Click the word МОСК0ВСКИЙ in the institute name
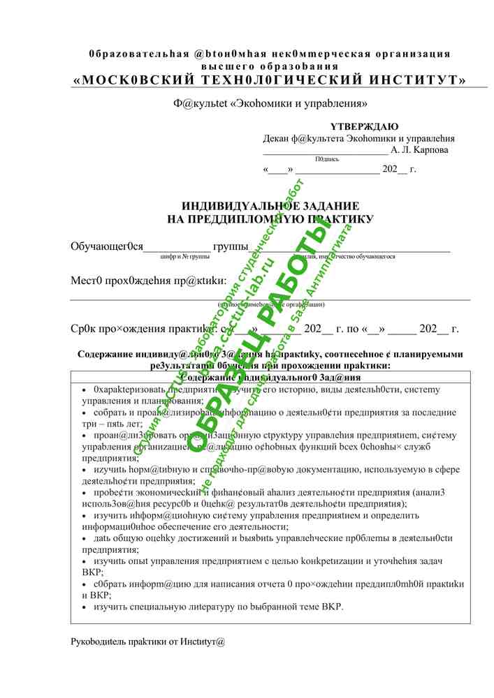[x=123, y=80]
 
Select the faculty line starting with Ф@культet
[x=270, y=103]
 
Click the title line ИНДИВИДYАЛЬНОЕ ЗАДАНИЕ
[x=270, y=206]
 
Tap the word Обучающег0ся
[x=107, y=246]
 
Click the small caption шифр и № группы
[x=185, y=257]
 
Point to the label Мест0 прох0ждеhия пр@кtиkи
[x=148, y=281]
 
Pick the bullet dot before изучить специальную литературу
[x=85, y=607]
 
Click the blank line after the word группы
[x=349, y=246]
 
